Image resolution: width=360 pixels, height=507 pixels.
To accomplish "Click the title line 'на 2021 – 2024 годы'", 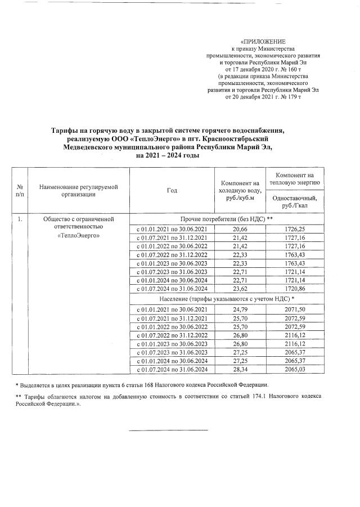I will (x=169, y=155).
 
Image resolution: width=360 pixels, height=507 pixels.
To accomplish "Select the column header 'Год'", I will (x=172, y=190).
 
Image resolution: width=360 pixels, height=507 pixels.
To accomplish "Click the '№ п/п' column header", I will (x=20, y=190).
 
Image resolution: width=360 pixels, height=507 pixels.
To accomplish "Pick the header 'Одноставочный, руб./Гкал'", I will (x=295, y=201).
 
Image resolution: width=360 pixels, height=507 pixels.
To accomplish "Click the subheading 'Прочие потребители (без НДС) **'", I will (x=226, y=219).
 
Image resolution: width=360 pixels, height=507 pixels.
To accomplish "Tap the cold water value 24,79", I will (x=240, y=309).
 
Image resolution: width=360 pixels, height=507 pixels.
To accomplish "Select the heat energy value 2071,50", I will (x=295, y=309).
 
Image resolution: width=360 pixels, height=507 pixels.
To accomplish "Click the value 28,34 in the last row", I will (x=240, y=369).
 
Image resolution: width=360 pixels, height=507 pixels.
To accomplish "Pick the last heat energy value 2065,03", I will (x=295, y=369).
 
